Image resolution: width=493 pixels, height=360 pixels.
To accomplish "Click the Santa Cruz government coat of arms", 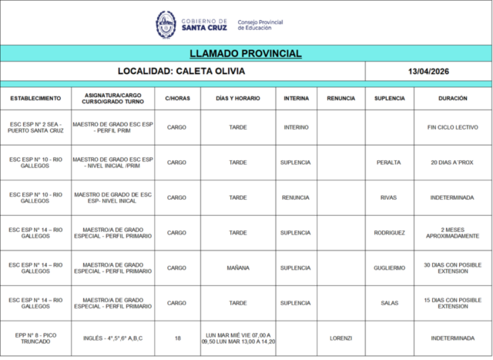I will coord(166,23).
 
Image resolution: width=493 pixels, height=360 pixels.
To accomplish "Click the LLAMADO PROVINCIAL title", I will coord(246,54).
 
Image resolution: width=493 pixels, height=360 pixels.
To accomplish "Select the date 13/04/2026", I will coord(428,72).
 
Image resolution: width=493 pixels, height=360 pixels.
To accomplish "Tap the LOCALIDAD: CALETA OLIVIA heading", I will coord(182,72).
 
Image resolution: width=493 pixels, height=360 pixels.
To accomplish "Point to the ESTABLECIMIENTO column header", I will coord(35,99).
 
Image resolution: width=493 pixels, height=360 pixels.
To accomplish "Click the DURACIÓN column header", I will coord(452,99).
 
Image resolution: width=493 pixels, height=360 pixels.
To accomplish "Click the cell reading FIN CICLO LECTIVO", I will coord(452,127).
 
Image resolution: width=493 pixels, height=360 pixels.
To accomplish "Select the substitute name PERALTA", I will coord(388,163).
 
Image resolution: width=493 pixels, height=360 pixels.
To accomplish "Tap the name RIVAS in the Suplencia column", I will coord(388,197).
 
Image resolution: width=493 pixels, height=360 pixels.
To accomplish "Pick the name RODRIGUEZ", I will coord(389,233).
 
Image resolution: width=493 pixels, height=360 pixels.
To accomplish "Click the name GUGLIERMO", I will coord(389,267).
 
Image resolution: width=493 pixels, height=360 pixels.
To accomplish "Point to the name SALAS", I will coord(389,303).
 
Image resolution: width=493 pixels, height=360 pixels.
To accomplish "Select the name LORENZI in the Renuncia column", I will coord(340,338).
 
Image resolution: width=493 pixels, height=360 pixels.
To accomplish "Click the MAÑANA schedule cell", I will coord(238,267).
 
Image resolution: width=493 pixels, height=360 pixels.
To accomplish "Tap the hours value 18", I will coord(177,338).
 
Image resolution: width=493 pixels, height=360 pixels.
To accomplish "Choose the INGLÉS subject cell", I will coord(113,338).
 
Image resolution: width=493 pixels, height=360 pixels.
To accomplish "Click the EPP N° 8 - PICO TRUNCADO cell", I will coord(35,338).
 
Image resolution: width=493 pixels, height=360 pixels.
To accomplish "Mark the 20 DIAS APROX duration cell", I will coord(452,163).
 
